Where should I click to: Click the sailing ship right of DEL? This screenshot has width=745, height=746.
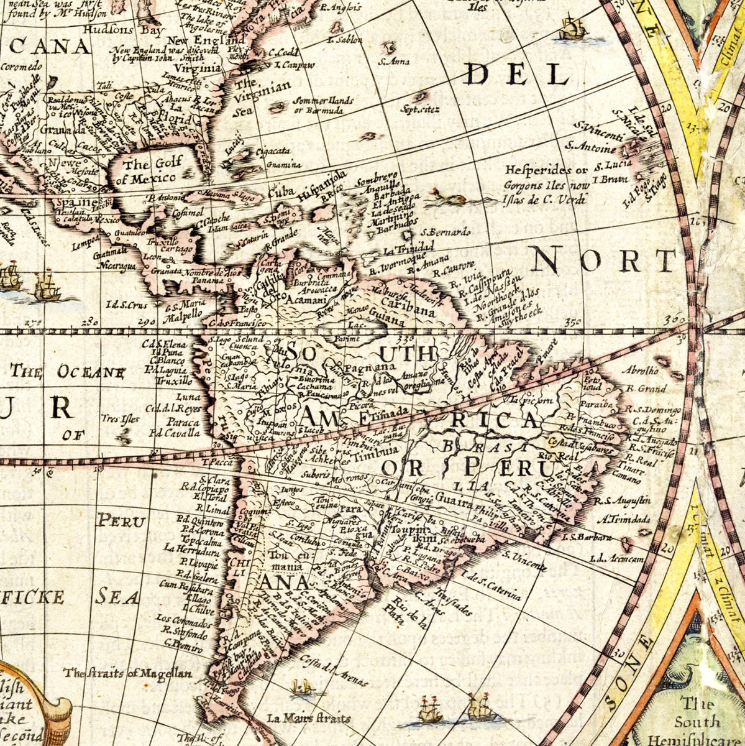click(x=574, y=29)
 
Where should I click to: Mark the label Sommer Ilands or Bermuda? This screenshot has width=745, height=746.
click(x=322, y=105)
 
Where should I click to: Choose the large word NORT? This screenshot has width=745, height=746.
click(x=603, y=261)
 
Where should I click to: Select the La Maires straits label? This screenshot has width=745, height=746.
click(x=309, y=718)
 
